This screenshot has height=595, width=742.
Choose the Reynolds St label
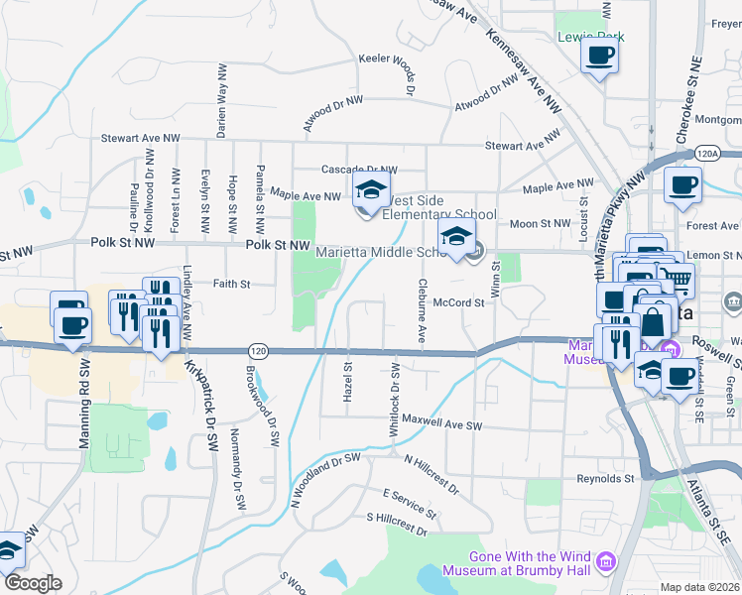605,477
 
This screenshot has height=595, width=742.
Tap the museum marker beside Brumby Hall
605,564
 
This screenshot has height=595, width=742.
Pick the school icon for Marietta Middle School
456,236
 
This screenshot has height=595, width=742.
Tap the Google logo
32,583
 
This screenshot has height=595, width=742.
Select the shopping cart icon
678,281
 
